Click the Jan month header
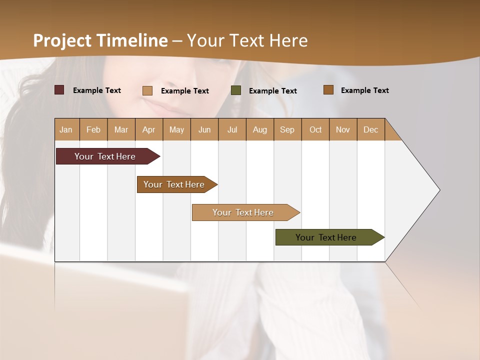66,129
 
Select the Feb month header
93,129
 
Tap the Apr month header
148,129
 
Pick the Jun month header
204,129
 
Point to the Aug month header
259,129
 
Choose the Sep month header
287,129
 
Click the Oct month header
315,129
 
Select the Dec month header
370,129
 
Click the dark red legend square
59,90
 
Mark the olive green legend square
236,90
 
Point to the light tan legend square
147,90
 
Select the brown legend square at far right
328,90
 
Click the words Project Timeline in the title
100,40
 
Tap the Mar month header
121,129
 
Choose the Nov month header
343,129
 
